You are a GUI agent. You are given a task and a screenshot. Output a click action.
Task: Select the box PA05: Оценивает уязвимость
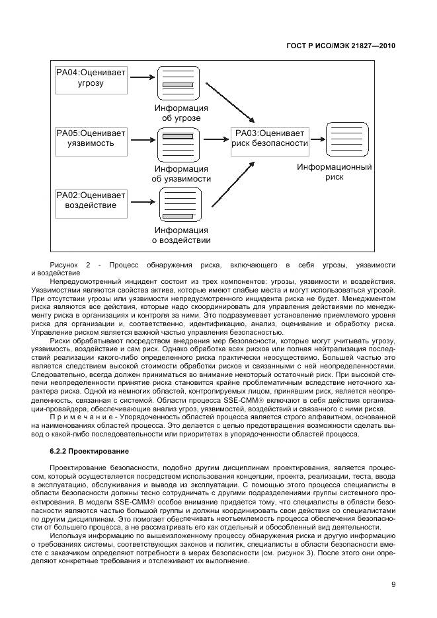click(91, 138)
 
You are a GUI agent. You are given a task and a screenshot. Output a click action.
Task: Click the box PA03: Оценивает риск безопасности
click(270, 138)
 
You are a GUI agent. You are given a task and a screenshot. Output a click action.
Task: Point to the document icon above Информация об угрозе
click(179, 82)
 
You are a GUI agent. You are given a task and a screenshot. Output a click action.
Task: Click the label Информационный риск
click(334, 173)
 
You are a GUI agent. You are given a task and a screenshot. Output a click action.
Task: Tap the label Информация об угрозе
click(181, 113)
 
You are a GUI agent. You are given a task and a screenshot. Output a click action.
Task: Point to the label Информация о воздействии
click(181, 236)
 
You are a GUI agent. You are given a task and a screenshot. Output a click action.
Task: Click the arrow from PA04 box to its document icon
click(141, 79)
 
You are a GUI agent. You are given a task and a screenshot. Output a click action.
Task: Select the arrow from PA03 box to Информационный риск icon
click(317, 139)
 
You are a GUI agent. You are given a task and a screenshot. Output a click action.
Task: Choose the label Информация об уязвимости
click(181, 174)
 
